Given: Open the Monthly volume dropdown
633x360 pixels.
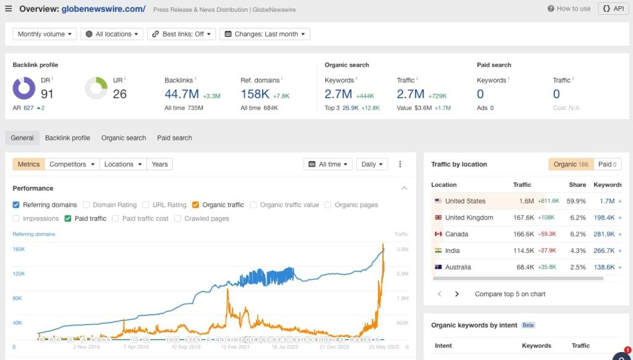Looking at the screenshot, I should [45, 34].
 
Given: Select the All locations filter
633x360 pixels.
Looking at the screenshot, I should [112, 34].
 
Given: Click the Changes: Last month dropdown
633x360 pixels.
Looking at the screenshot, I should [265, 34].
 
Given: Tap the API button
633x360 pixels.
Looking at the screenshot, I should [613, 9].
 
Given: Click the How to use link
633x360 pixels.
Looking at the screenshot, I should [569, 9].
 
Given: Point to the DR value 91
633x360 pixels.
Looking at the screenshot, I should [48, 94].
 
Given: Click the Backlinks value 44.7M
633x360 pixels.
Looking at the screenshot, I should [182, 94].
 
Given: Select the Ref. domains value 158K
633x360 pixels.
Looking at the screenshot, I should [255, 94].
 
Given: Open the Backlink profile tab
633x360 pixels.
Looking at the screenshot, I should [67, 138].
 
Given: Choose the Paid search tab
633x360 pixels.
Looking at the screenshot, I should [174, 138].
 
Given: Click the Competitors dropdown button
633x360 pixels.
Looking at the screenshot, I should [73, 165].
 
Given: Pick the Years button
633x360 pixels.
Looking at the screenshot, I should [159, 165].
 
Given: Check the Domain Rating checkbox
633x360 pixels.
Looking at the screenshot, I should [87, 205].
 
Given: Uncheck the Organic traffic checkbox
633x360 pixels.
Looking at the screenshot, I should [195, 205].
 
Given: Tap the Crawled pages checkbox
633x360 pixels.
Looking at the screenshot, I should [178, 218].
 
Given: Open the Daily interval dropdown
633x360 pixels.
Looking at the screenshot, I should [372, 165].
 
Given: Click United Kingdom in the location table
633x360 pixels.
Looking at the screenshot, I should [469, 218].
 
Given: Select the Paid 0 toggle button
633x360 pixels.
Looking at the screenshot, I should [608, 165].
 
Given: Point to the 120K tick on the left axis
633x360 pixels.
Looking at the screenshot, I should [19, 273].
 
